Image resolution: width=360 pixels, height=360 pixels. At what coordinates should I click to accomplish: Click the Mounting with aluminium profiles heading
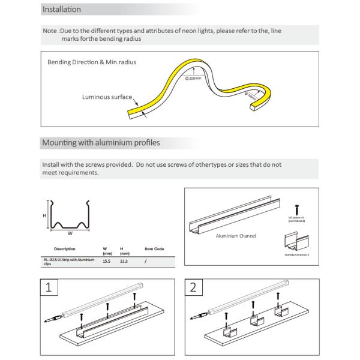[x=100, y=143]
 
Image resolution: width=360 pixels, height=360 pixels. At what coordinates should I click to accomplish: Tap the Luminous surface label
[x=107, y=96]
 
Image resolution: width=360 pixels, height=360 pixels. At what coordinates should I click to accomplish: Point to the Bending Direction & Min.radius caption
[x=88, y=62]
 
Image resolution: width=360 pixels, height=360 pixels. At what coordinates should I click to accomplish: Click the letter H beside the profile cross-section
[x=44, y=214]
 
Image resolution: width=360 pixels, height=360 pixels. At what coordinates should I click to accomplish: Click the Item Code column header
[x=154, y=248]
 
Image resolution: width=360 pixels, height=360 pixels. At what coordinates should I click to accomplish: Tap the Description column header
[x=64, y=248]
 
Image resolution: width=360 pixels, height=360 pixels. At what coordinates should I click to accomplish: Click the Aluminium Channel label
[x=236, y=236]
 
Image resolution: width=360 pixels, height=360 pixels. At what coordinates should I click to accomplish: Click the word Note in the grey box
[x=50, y=31]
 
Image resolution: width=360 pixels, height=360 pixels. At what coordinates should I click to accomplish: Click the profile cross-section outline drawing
[x=70, y=215]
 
